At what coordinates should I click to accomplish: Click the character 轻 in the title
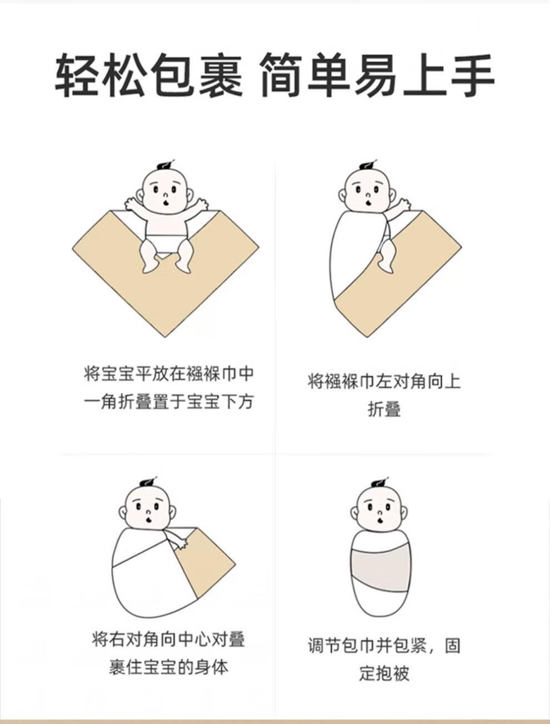click(77, 76)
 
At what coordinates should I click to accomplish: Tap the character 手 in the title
click(472, 76)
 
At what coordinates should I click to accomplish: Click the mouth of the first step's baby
click(166, 201)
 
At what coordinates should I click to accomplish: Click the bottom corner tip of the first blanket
click(165, 336)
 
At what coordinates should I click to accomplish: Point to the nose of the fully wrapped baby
click(381, 513)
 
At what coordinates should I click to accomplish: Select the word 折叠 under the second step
click(384, 410)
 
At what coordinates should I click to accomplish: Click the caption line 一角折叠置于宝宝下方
click(168, 402)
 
